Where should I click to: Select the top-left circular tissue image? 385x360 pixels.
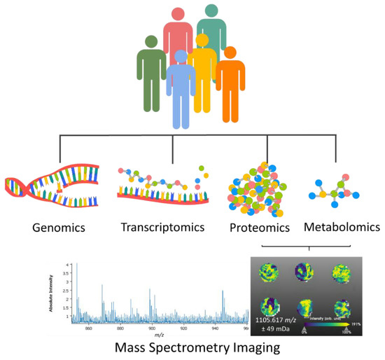(x=269, y=274)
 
